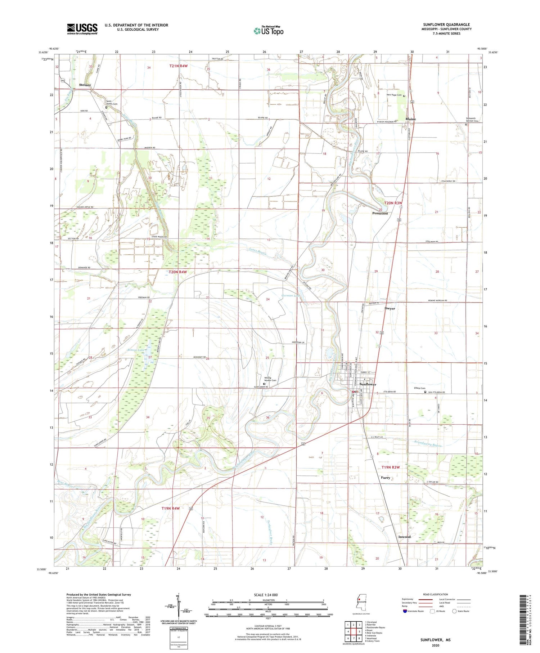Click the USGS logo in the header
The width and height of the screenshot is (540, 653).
coord(82,29)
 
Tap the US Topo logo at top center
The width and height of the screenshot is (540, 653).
coord(268,31)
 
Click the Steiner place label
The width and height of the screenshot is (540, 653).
coord(85,85)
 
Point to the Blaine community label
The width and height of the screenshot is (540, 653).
coord(410,119)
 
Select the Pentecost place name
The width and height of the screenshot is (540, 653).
coord(380,213)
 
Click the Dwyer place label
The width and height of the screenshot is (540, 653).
coord(390,308)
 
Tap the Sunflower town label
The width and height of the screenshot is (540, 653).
coord(368,384)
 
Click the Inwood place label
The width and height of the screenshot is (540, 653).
coord(404,537)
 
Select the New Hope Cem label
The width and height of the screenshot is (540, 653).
coord(394,95)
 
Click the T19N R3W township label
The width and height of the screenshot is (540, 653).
coord(391,467)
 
